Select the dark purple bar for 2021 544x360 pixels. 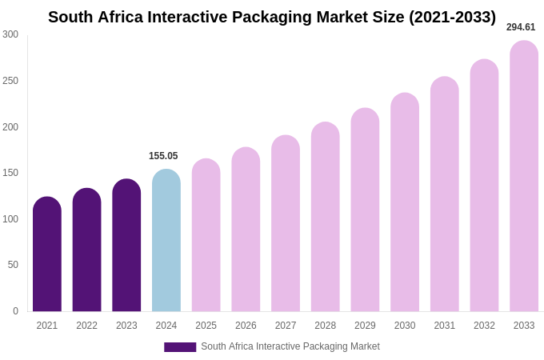point(47,254)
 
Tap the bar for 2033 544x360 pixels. point(524,176)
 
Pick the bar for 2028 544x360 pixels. point(326,217)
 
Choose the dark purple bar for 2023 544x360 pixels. point(126,245)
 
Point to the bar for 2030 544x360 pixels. point(405,202)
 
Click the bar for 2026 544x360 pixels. point(246,230)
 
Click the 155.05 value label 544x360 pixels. point(163,156)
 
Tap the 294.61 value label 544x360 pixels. point(521,27)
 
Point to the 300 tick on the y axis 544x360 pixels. point(10,34)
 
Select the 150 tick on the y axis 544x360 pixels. point(10,173)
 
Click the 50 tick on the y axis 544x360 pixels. point(13,265)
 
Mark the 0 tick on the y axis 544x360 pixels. point(15,311)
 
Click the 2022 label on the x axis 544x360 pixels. point(86,326)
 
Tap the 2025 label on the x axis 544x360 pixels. point(206,326)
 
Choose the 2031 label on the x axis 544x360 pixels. point(445,326)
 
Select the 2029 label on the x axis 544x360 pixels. point(365,326)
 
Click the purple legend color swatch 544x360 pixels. point(180,347)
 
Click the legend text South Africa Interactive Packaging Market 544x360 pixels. point(290,346)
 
